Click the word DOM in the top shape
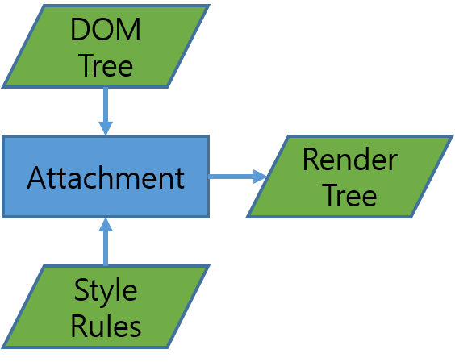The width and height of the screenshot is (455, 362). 106,30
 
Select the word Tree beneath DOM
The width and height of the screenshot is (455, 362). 106,65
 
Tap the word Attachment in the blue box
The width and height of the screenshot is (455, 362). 106,177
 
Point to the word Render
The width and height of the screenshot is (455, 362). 350,160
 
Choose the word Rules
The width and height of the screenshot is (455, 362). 106,326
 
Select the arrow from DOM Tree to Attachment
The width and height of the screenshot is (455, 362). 106,111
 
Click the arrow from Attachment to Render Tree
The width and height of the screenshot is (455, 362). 238,177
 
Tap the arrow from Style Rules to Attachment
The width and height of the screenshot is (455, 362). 106,242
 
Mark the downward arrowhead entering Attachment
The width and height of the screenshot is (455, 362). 106,128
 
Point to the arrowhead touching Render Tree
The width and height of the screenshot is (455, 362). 260,177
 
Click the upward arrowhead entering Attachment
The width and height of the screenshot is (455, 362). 106,224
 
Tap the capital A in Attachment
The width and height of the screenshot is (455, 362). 37,177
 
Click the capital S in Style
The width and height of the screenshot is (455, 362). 81,289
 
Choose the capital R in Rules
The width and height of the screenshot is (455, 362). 79,326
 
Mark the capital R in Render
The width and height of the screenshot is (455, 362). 311,160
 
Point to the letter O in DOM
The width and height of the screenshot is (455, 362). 103,30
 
